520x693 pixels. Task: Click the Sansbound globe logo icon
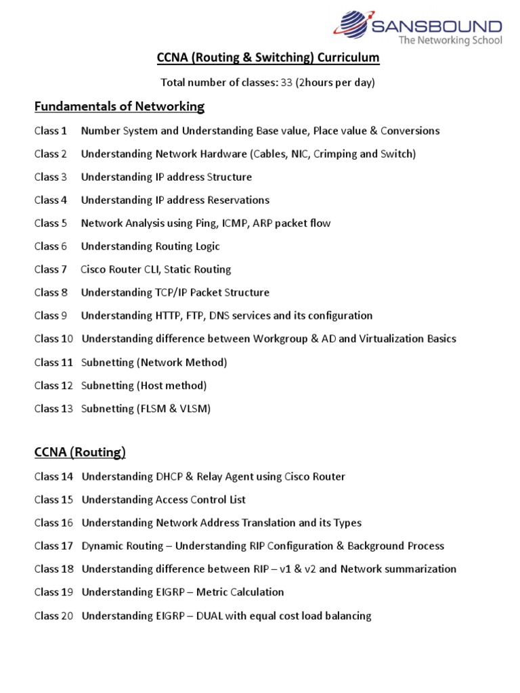[x=351, y=25]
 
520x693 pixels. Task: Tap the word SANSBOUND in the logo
[x=437, y=28]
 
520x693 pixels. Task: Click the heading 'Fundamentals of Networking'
[x=119, y=106]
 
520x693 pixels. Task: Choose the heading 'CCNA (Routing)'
[x=80, y=452]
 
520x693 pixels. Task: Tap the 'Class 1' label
[x=51, y=131]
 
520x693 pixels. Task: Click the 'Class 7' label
[x=51, y=269]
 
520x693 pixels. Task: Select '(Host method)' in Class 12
[x=172, y=385]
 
